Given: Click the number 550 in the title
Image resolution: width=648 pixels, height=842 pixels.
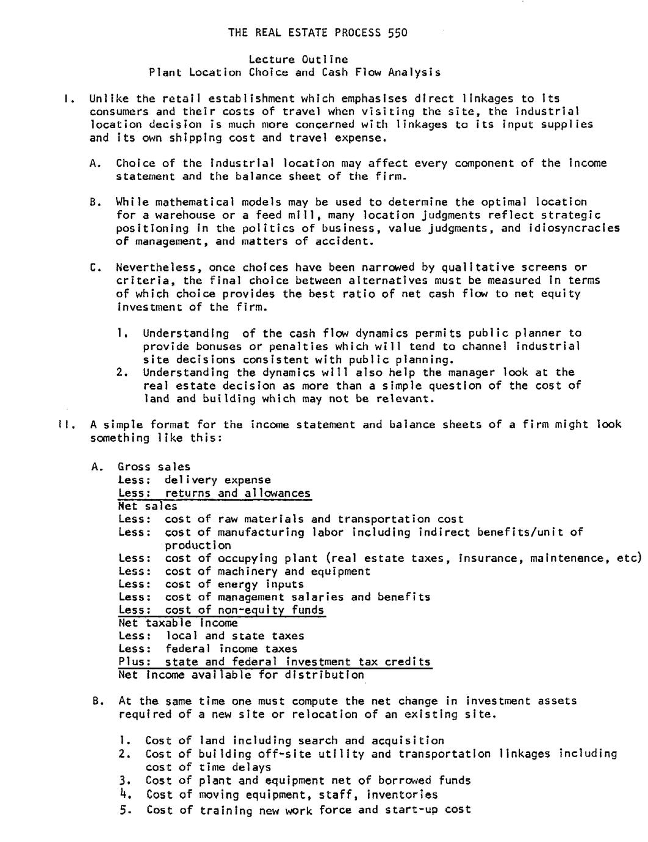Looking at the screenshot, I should click(x=397, y=32).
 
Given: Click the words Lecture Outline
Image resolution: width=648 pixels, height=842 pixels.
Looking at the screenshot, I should click(x=298, y=59).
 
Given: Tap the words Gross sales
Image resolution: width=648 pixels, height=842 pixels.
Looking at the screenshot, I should click(x=154, y=467).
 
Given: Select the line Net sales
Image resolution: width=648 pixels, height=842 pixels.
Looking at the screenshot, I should click(x=148, y=506).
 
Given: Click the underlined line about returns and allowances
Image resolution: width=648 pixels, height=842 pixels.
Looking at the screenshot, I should click(x=214, y=493).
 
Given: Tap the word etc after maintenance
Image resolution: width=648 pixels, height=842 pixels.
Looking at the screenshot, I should click(x=631, y=558).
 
